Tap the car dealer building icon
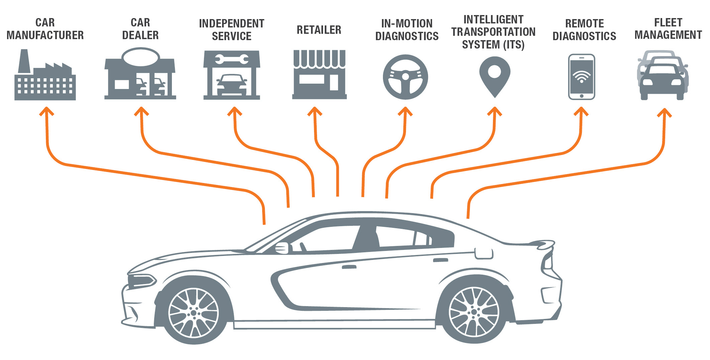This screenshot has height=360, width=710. click(x=140, y=75)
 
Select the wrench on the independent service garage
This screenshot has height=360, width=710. click(x=232, y=60)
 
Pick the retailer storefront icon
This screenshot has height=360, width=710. click(x=319, y=75)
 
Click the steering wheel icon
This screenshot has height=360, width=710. click(x=405, y=77)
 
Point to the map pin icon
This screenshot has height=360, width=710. click(x=495, y=75)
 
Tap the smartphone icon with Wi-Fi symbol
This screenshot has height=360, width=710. click(x=582, y=77)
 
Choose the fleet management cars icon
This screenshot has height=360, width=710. click(x=663, y=75)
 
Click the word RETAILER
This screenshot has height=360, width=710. click(x=319, y=30)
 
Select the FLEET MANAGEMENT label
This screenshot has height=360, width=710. click(x=668, y=29)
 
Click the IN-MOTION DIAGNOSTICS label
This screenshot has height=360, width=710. click(x=407, y=30)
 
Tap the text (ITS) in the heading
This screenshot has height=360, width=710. click(x=514, y=44)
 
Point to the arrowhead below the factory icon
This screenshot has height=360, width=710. click(x=46, y=111)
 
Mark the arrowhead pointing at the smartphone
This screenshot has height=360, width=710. click(x=581, y=111)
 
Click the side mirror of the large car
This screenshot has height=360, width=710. click(x=282, y=248)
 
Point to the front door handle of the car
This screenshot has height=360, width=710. click(x=349, y=267)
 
